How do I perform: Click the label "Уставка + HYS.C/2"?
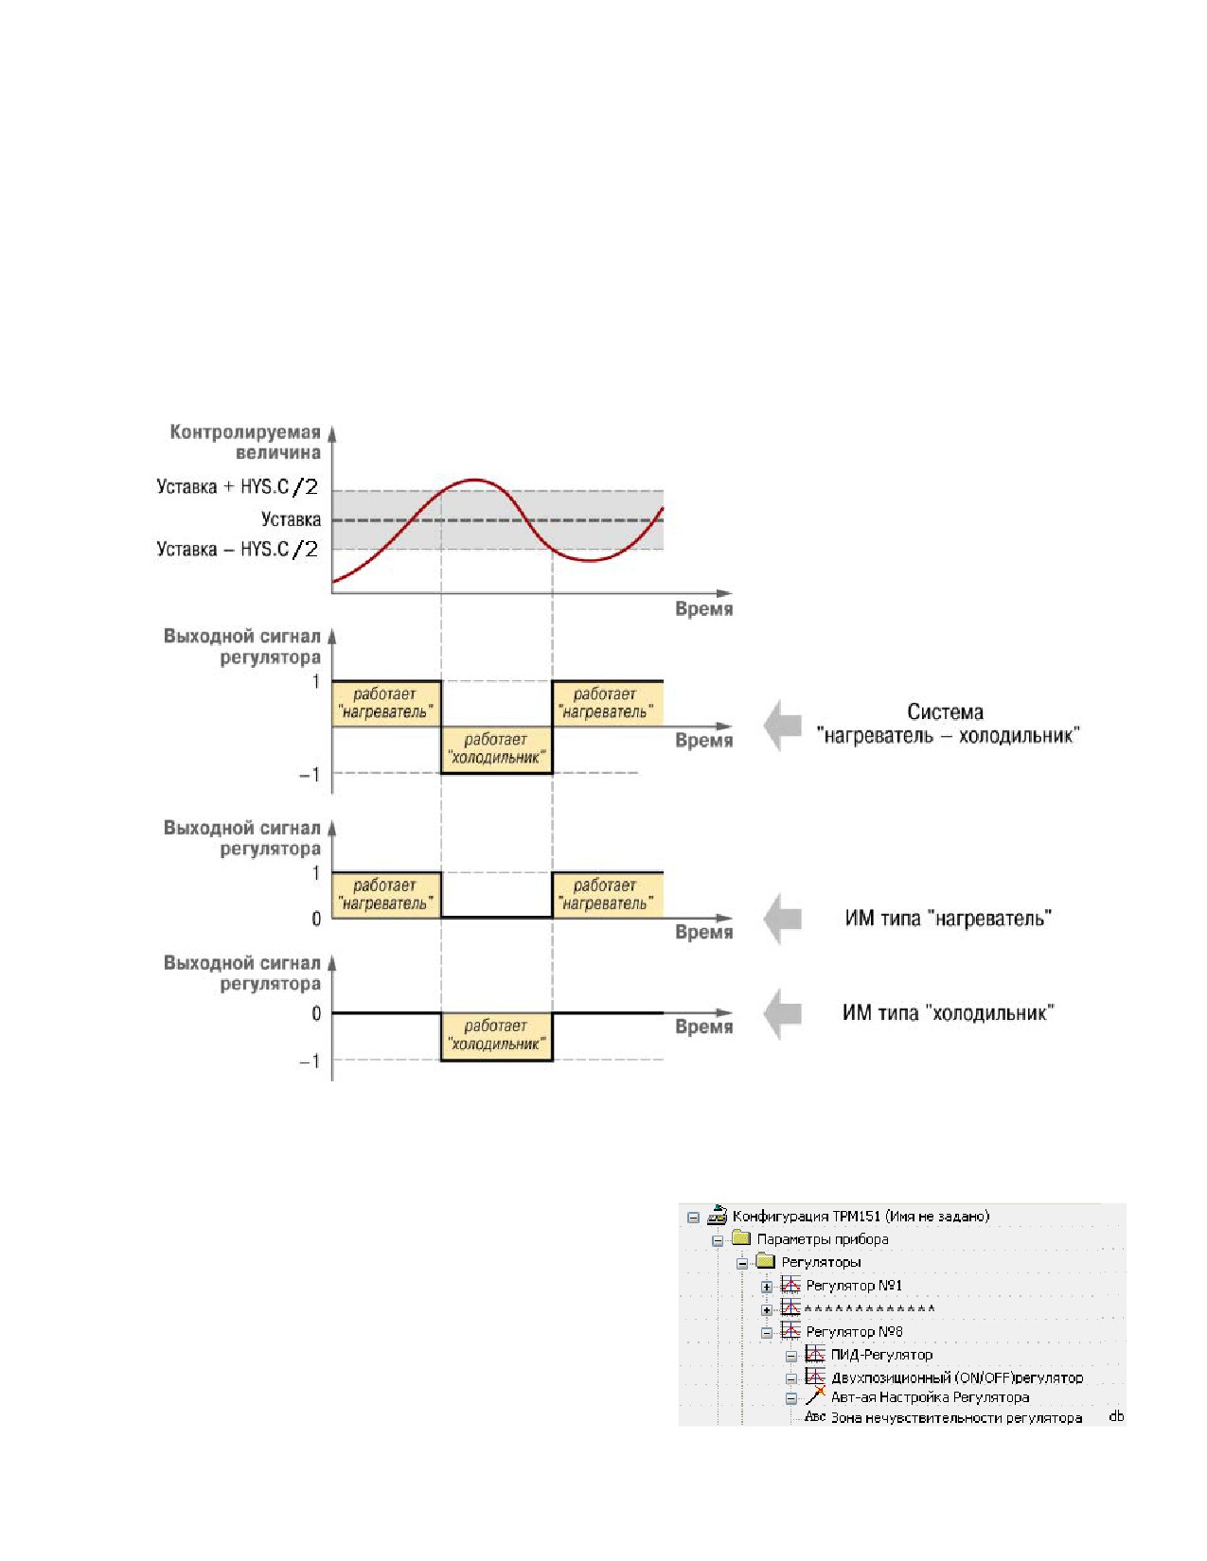coord(238,486)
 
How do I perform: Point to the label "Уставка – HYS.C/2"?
coord(238,550)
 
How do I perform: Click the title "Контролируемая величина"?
coord(245,442)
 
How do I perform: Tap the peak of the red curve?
coord(473,479)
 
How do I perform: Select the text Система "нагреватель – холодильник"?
coord(948,724)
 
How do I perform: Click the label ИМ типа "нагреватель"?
coord(948,918)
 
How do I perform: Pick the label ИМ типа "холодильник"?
coord(948,1013)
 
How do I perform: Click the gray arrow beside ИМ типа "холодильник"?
coord(782,1013)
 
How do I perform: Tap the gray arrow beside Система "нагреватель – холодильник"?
coord(782,726)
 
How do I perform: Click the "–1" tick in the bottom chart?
coord(310,1061)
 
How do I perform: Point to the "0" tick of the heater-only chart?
coord(316,919)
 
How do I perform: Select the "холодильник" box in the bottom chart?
coord(497,1036)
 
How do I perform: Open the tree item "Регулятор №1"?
coord(853,1285)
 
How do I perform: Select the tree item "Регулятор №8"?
coord(854,1331)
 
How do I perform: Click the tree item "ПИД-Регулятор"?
coord(881,1354)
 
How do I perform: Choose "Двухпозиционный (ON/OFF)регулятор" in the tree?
coord(957,1377)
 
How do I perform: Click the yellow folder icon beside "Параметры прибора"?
coord(741,1237)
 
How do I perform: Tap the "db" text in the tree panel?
coord(1116,1416)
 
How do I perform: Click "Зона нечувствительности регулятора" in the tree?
coord(956,1417)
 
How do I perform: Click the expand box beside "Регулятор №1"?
coord(767,1287)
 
